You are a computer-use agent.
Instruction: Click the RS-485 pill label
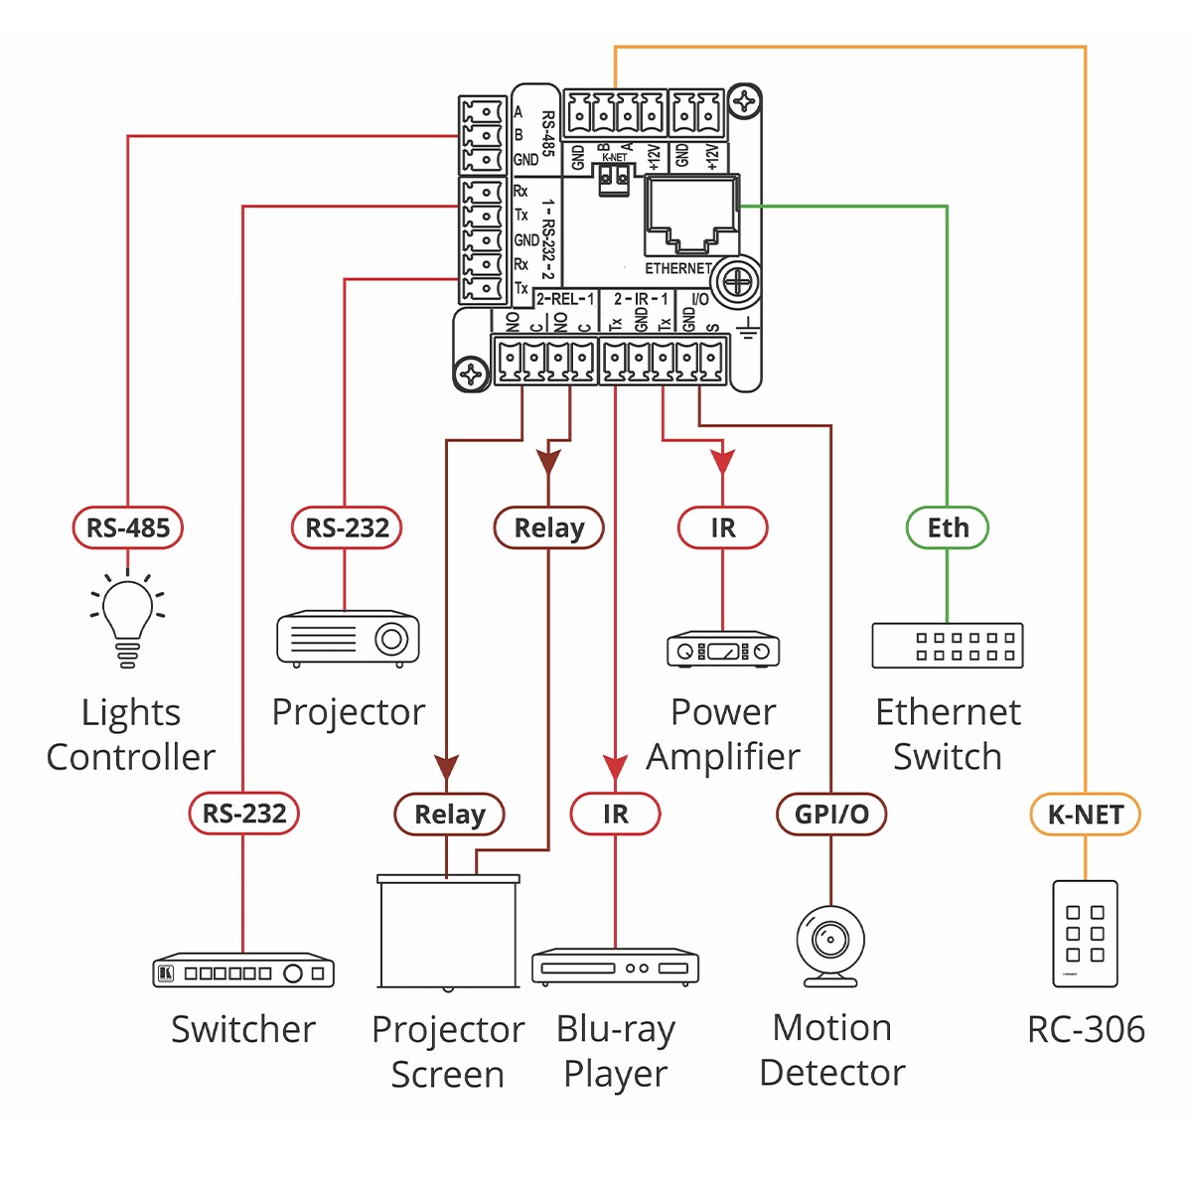pyautogui.click(x=128, y=527)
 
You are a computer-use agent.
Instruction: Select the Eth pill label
pyautogui.click(x=948, y=527)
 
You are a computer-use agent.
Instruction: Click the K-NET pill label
pyautogui.click(x=1085, y=815)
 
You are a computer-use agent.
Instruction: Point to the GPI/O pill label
pyautogui.click(x=831, y=815)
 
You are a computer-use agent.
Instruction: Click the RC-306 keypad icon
pyautogui.click(x=1085, y=934)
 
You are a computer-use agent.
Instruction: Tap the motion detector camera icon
pyautogui.click(x=830, y=945)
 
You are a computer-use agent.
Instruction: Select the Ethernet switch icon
pyautogui.click(x=948, y=646)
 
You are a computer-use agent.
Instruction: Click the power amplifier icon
pyautogui.click(x=723, y=650)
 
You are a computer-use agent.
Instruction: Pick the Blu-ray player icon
pyautogui.click(x=616, y=967)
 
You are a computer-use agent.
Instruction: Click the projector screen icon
pyautogui.click(x=449, y=932)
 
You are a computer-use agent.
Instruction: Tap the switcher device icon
pyautogui.click(x=243, y=971)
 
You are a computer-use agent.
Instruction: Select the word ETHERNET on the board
pyautogui.click(x=677, y=268)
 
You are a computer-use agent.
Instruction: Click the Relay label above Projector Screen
pyautogui.click(x=450, y=815)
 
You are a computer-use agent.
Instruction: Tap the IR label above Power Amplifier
pyautogui.click(x=723, y=527)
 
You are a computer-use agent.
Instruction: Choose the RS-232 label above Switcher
pyautogui.click(x=244, y=815)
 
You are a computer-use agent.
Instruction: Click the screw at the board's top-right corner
pyautogui.click(x=744, y=101)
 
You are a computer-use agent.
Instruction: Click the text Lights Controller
pyautogui.click(x=130, y=734)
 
